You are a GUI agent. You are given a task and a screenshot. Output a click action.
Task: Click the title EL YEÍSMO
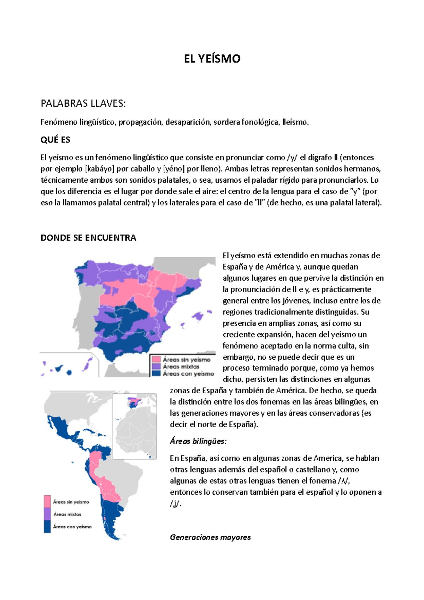pos(212,59)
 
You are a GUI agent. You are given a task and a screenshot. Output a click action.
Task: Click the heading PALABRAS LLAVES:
pos(83,104)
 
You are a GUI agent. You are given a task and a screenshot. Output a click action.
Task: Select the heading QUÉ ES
pos(55,140)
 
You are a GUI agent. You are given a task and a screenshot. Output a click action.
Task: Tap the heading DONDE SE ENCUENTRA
pos(88,238)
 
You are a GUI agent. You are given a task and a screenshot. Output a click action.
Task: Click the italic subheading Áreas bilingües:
pos(198,441)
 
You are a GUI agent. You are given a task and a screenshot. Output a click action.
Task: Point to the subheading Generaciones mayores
pos(210,537)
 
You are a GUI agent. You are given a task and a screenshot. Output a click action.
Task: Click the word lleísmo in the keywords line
pos(295,122)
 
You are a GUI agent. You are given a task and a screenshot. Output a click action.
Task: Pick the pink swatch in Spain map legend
pos(156,359)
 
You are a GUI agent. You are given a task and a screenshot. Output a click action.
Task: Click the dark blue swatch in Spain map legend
pos(156,373)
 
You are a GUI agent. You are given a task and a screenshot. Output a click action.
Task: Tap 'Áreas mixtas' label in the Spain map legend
pos(181,367)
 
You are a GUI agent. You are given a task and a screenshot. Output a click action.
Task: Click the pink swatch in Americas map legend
pos(47,502)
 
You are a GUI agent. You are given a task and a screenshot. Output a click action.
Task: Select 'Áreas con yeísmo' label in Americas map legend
pos(72,527)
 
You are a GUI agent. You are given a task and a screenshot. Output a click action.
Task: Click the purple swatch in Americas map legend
pos(47,514)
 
